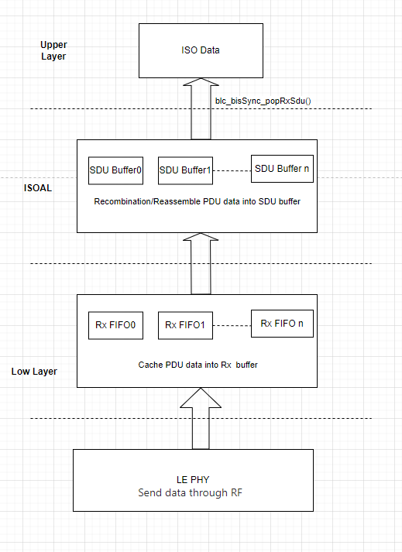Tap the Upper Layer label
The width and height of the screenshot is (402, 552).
(x=53, y=51)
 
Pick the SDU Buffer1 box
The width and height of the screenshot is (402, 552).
(x=185, y=170)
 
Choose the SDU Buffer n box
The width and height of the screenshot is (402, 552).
(x=283, y=169)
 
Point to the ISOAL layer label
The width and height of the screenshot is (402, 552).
(x=37, y=188)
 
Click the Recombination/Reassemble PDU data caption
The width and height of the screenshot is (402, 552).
(x=198, y=202)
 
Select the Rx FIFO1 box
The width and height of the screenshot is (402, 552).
(x=185, y=325)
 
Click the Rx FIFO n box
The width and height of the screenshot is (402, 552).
(x=283, y=324)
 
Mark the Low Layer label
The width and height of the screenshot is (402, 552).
(x=34, y=372)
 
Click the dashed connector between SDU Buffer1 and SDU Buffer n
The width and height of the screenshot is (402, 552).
(x=232, y=170)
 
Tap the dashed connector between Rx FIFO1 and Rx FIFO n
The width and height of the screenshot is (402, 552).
(x=232, y=324)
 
